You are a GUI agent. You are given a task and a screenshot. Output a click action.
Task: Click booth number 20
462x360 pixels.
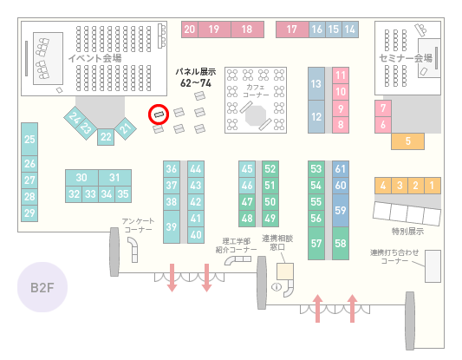coord(190,29)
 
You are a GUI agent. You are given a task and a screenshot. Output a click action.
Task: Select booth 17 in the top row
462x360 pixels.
coord(292,29)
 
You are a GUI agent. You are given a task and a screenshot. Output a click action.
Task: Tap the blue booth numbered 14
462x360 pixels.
coord(350,29)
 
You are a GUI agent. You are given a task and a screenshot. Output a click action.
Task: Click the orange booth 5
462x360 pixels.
coord(407,141)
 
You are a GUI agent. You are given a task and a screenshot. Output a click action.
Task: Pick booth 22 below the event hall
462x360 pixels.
coord(106,137)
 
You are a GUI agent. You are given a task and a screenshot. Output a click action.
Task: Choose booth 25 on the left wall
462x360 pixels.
coord(29,139)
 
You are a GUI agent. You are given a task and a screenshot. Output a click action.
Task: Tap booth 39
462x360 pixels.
coord(172,226)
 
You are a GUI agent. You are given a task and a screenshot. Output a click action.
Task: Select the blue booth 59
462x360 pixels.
coord(341,210)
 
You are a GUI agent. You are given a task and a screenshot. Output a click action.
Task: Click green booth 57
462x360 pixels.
coord(316,243)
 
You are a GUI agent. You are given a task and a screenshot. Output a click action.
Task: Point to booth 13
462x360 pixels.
coord(316,84)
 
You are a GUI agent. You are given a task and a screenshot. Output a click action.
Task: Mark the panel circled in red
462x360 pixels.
coord(159,115)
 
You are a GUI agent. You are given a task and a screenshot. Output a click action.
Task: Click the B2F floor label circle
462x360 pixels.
coord(42,287)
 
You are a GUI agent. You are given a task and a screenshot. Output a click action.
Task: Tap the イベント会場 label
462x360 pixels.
coord(94,58)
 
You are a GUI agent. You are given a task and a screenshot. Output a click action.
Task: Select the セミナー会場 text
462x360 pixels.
coord(406,58)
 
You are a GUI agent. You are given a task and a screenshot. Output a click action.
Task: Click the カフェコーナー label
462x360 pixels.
coord(256,91)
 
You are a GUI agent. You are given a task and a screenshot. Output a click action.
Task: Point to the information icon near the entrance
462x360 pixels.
coord(277,286)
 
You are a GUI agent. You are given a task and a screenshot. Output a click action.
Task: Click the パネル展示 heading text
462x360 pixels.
coord(196,72)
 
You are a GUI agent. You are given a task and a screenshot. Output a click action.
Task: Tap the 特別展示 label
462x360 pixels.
coord(407,231)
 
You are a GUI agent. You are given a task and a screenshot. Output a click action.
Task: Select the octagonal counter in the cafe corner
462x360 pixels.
coord(256,115)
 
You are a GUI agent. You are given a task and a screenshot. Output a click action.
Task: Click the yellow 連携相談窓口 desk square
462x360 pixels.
coord(285,272)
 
